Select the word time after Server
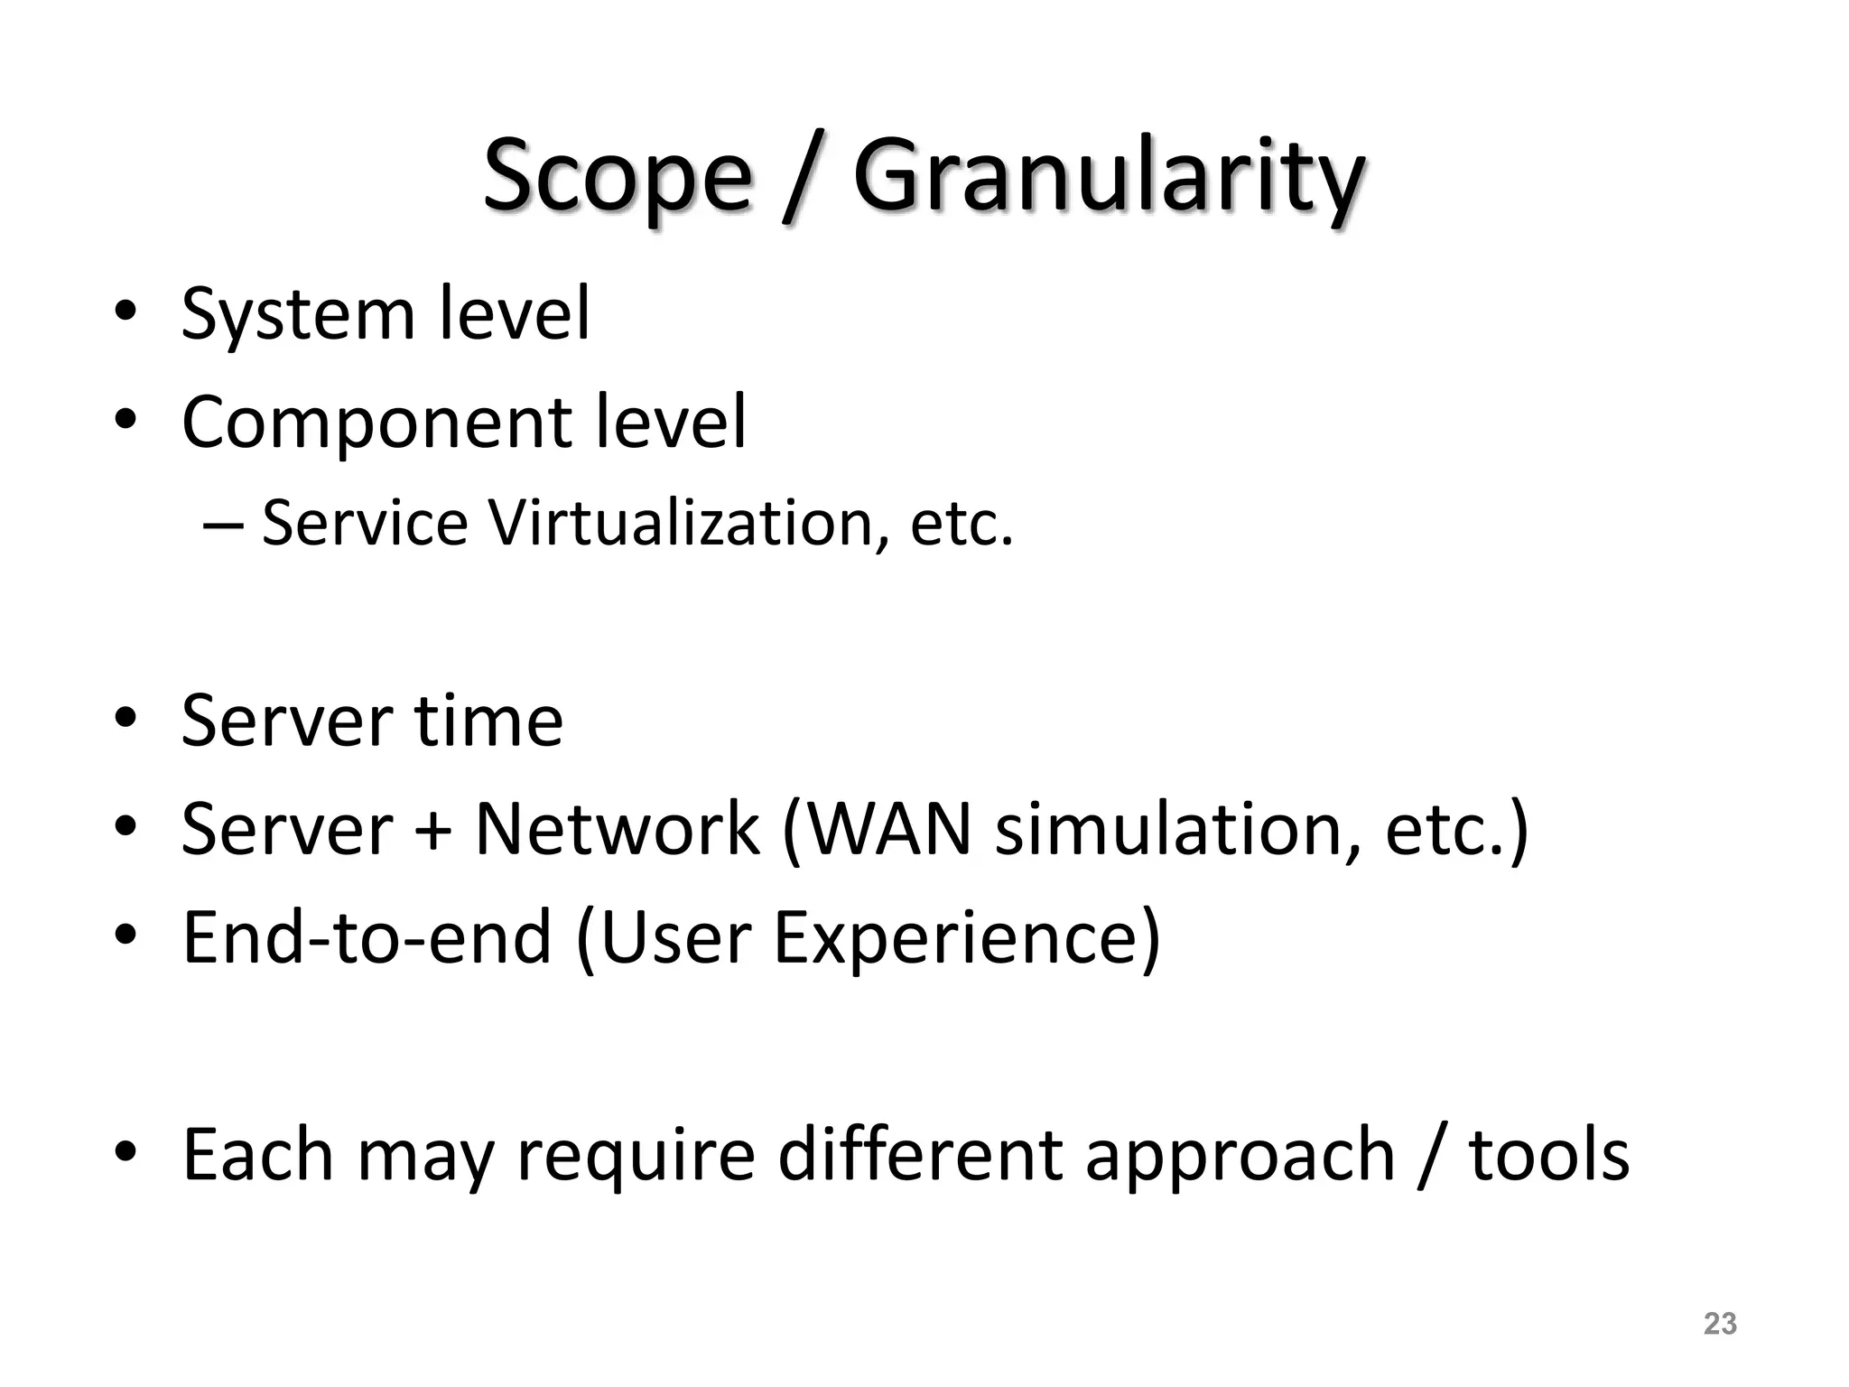point(488,722)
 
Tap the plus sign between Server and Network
point(432,831)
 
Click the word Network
point(617,831)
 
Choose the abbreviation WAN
point(890,831)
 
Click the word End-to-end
point(367,939)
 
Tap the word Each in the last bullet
point(258,1156)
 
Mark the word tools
point(1549,1156)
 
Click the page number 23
point(1720,1324)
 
